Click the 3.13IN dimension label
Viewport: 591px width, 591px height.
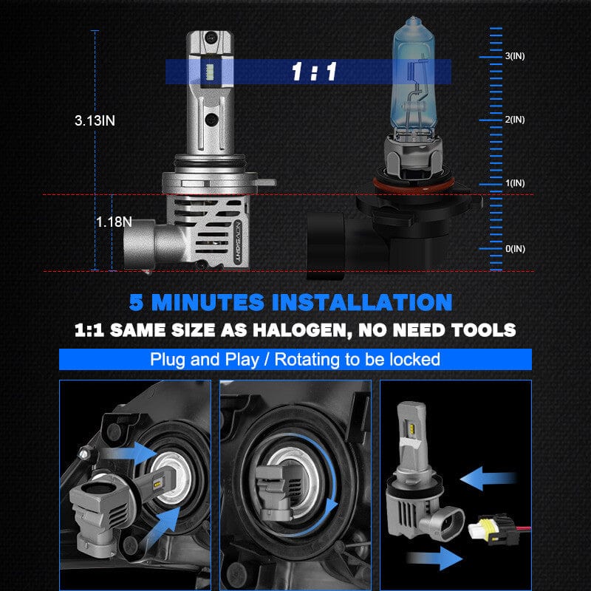[x=95, y=120]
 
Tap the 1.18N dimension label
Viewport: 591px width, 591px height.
[x=114, y=222]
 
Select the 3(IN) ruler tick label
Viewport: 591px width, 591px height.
[x=515, y=56]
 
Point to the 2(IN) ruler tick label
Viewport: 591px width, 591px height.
[x=515, y=120]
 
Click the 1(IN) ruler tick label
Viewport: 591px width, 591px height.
[x=515, y=183]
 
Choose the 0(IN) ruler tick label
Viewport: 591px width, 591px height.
[x=515, y=249]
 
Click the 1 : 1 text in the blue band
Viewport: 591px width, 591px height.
[x=314, y=72]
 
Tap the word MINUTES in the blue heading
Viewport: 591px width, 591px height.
[x=208, y=302]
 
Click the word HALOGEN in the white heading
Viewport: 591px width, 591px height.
[x=303, y=330]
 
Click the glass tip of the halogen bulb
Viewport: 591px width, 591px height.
[x=414, y=22]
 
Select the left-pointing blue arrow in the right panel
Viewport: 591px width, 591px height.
[x=488, y=479]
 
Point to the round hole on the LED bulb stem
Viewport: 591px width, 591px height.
[x=211, y=120]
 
